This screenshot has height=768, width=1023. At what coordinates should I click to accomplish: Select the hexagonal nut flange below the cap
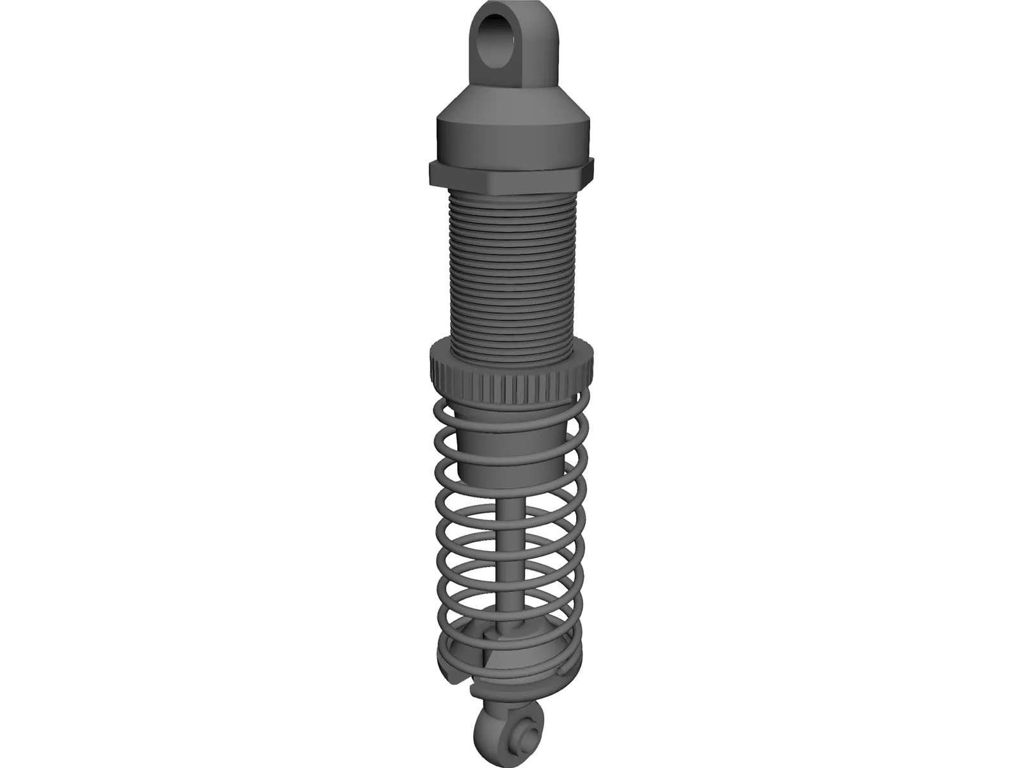(x=511, y=175)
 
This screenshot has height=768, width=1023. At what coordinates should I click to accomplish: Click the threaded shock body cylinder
(x=511, y=269)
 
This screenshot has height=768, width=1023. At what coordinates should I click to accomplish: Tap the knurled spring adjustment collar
(x=511, y=378)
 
